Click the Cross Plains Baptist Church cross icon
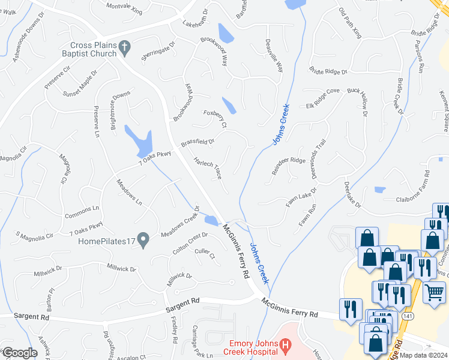pyautogui.click(x=125, y=46)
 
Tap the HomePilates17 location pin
pyautogui.click(x=143, y=241)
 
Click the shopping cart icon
pyautogui.click(x=434, y=292)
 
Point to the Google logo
pyautogui.click(x=19, y=353)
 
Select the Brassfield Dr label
pyautogui.click(x=197, y=143)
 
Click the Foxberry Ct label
pyautogui.click(x=214, y=118)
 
